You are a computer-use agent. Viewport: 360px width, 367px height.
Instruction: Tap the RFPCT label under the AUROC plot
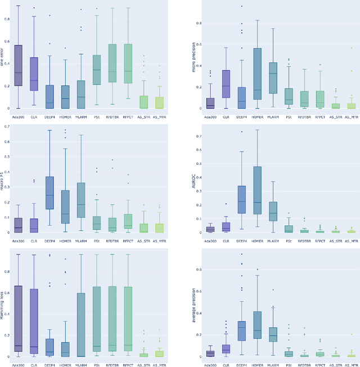[x=320, y=240]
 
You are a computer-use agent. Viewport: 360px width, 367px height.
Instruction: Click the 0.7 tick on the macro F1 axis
[x=7, y=126]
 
